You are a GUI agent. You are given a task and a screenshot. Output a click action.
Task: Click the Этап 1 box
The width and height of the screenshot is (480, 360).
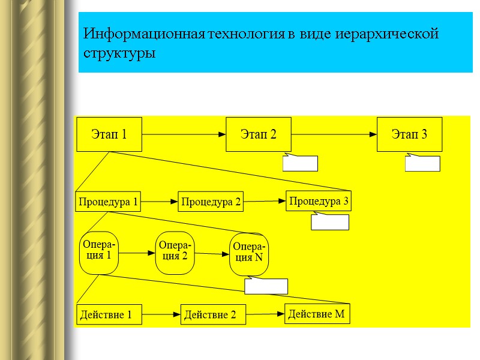tap(109, 134)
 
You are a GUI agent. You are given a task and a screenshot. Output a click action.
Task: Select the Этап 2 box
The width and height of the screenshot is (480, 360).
tap(258, 134)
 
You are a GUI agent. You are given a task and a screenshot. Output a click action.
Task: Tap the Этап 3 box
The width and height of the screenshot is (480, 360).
tap(409, 134)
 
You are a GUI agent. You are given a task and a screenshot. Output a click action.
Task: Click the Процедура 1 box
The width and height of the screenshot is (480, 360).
tap(108, 202)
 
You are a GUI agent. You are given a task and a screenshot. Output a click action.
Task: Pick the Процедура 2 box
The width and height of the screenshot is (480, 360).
tap(211, 203)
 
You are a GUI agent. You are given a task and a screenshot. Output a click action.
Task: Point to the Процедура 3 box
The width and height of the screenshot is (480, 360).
tap(319, 201)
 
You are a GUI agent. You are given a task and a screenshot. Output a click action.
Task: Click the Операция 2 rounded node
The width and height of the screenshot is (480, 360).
tap(175, 252)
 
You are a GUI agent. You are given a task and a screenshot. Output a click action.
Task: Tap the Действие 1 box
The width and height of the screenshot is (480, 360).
tap(109, 314)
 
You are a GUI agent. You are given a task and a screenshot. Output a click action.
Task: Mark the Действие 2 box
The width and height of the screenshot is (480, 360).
tap(214, 314)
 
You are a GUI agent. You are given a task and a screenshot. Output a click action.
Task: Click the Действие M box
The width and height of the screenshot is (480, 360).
tap(317, 313)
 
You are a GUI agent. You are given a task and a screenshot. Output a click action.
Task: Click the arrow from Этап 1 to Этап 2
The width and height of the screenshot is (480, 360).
tap(184, 134)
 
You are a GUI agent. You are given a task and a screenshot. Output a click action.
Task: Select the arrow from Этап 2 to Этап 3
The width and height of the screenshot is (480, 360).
tap(334, 134)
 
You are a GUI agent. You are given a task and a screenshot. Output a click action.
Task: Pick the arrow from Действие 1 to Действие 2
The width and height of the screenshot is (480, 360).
tap(161, 314)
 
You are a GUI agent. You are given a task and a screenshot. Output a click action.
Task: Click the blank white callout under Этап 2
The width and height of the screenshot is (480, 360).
tap(300, 163)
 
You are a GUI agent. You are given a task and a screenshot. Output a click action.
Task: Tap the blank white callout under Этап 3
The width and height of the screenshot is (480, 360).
tap(422, 163)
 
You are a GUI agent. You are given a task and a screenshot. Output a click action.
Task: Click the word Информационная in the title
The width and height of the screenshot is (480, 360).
tap(144, 34)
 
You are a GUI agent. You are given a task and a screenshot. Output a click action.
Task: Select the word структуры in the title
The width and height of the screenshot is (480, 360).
tap(120, 53)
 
